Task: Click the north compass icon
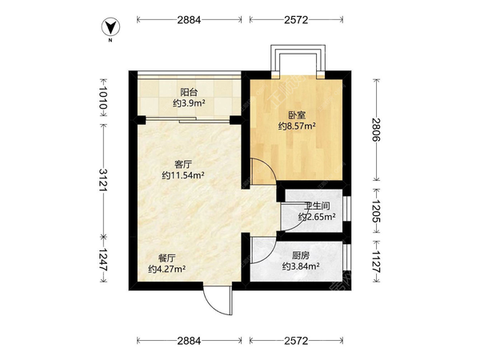pyautogui.click(x=113, y=28)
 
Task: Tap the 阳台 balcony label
pyautogui.click(x=190, y=91)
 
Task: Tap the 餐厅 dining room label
pyautogui.click(x=166, y=258)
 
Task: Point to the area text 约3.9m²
pyautogui.click(x=190, y=102)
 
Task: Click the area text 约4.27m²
pyautogui.click(x=166, y=270)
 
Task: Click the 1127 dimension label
pyautogui.click(x=374, y=260)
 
